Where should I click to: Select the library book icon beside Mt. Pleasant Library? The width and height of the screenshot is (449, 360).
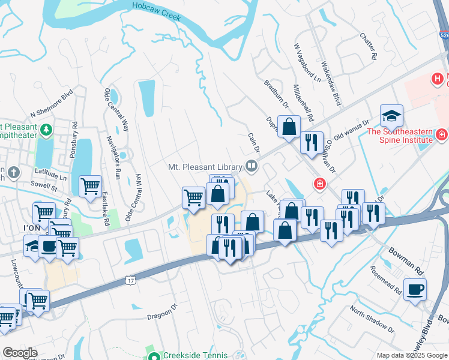pos(252,166)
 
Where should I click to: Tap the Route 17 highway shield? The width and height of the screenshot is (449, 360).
pos(130,280)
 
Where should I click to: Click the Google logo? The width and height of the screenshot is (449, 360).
pos(20,353)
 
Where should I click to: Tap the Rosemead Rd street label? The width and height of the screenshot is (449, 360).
pos(386,280)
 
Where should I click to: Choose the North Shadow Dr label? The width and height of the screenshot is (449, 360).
pos(372,320)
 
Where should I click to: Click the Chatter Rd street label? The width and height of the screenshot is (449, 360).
pos(369,46)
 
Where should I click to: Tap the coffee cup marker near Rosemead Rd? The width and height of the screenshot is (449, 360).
pos(415,290)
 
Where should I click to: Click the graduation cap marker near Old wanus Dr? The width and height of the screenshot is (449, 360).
pos(391,115)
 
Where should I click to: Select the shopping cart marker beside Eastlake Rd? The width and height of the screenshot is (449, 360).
pos(90,186)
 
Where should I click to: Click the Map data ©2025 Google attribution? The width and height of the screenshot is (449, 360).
pos(412,355)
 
